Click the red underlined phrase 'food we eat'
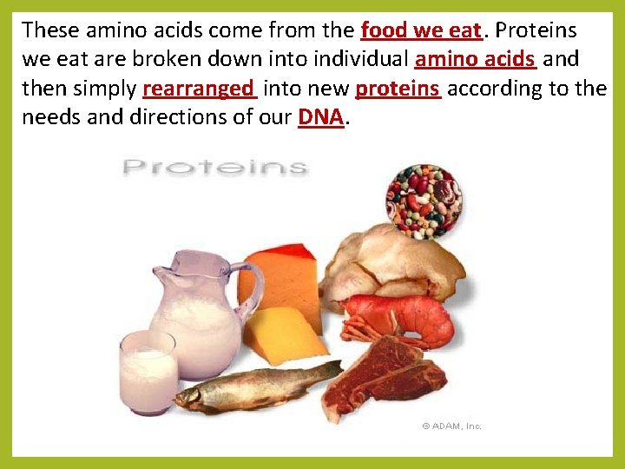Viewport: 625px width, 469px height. click(x=420, y=30)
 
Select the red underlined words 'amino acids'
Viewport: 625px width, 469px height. click(x=476, y=60)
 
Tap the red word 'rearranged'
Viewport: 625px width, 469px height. click(x=199, y=89)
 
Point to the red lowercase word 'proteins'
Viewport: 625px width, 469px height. click(x=398, y=89)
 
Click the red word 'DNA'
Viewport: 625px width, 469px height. click(x=320, y=117)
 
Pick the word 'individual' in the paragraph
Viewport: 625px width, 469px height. click(x=363, y=60)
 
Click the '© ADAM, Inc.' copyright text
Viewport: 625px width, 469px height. click(x=451, y=426)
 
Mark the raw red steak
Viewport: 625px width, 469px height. click(x=395, y=373)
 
